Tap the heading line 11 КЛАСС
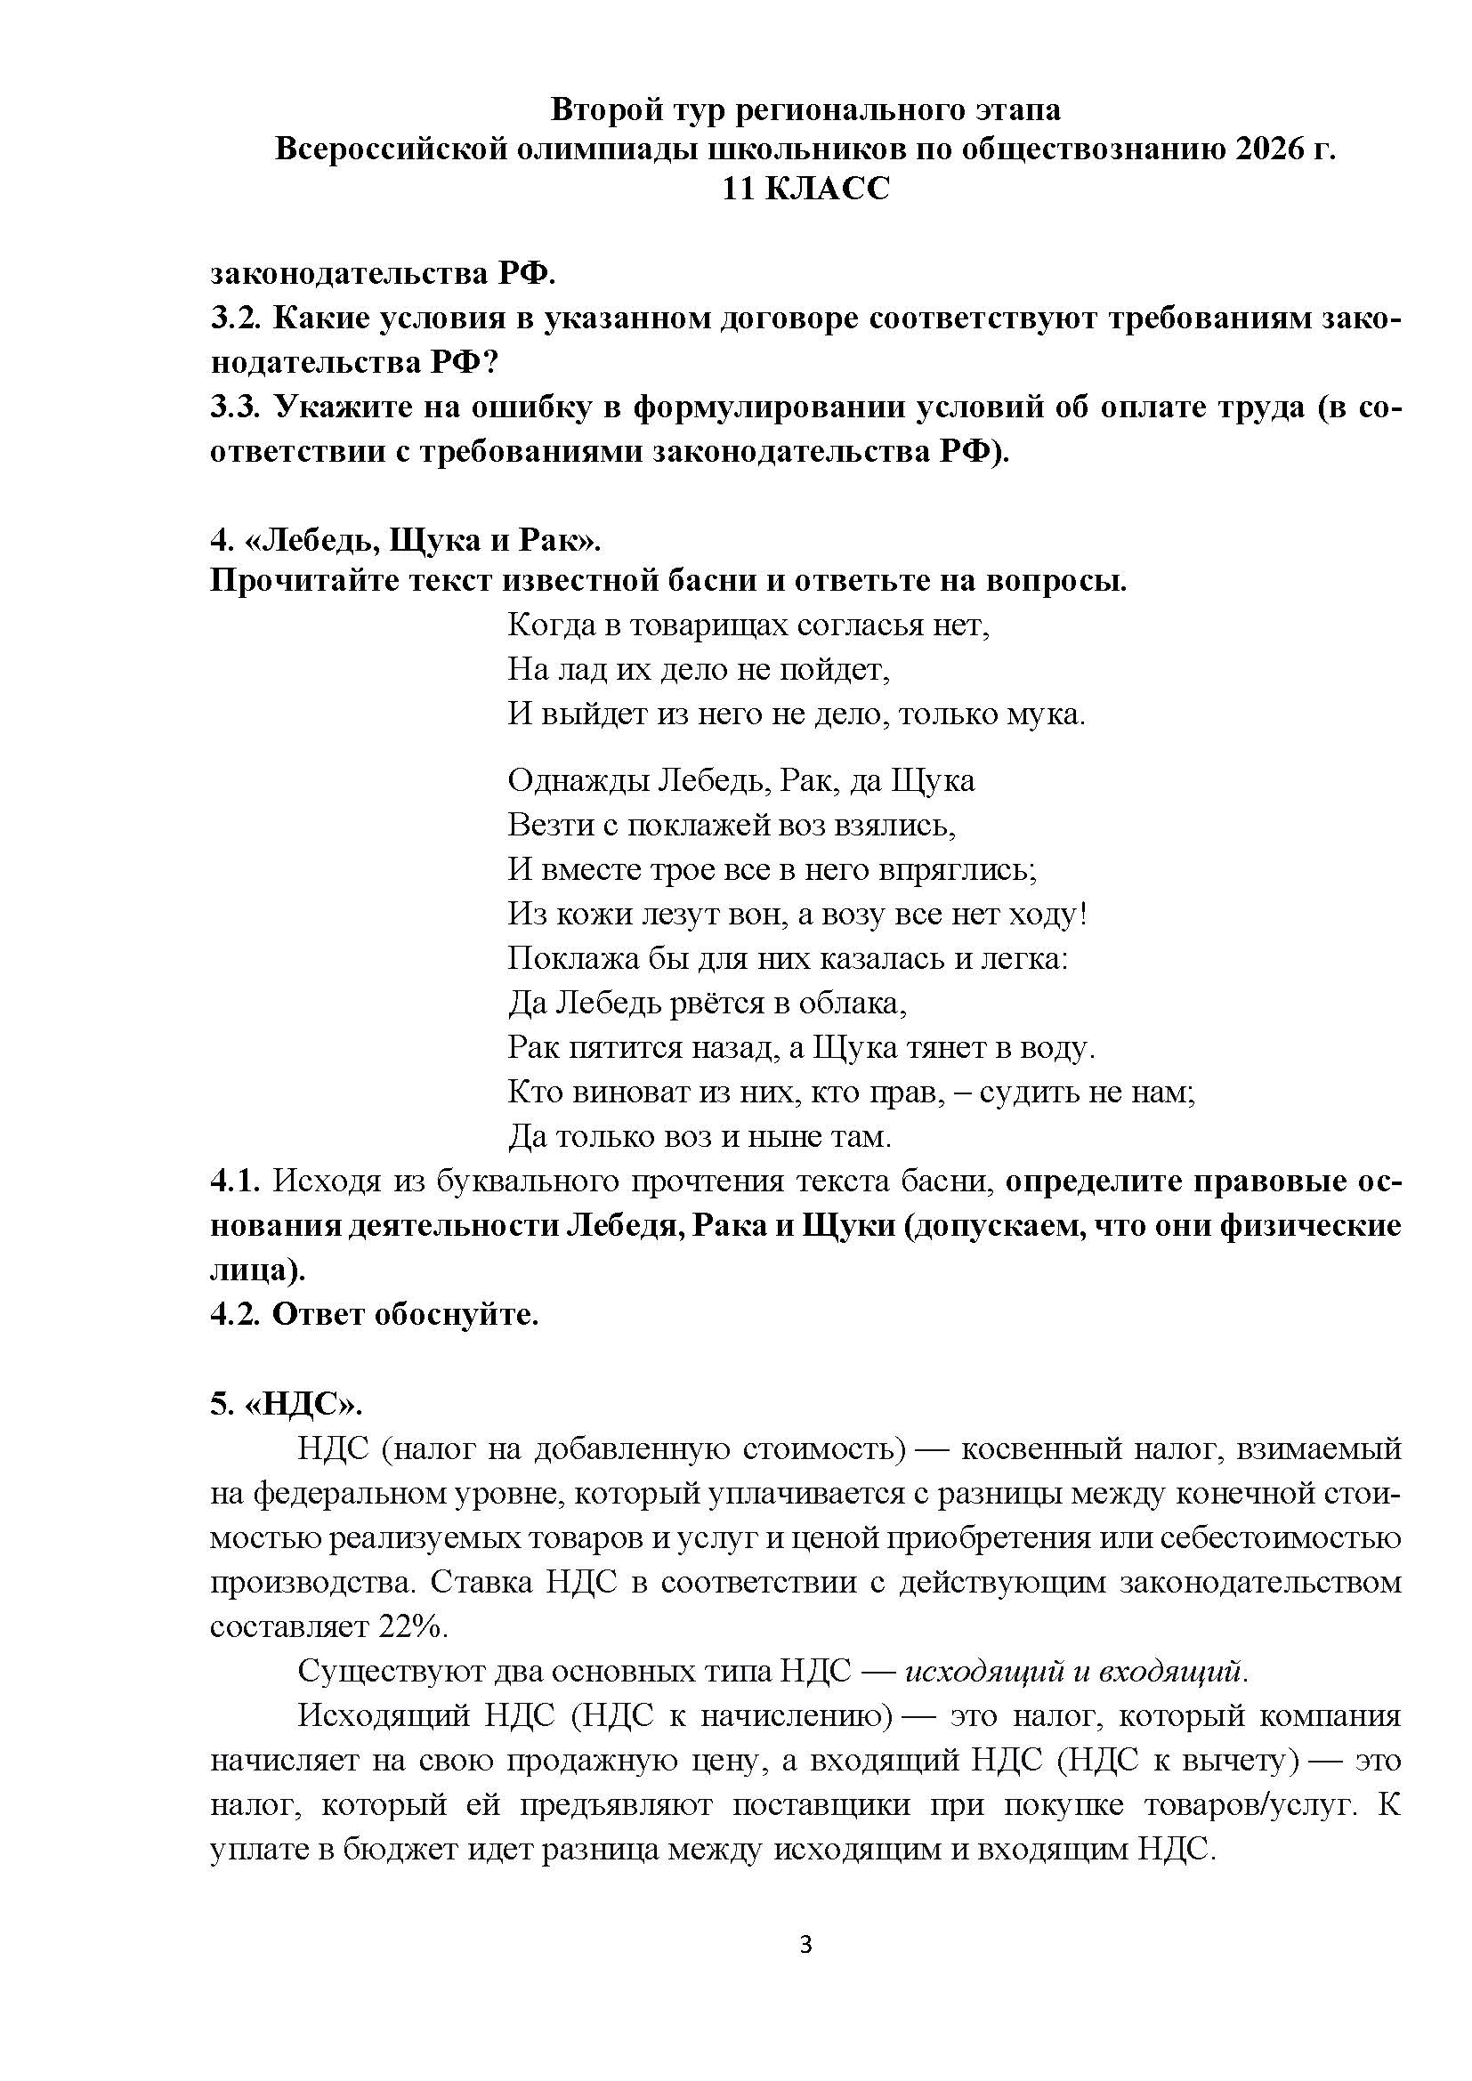pos(805,189)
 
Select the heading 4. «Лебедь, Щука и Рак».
pos(406,540)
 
